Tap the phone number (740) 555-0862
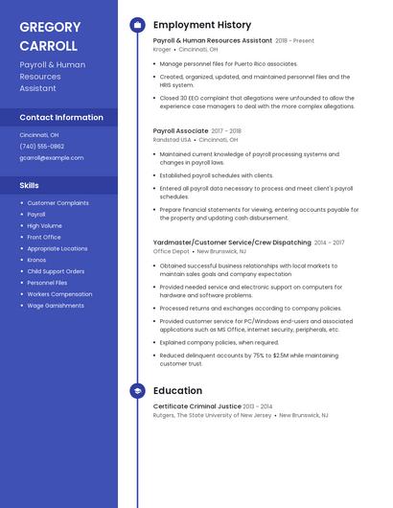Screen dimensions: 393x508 point(42,147)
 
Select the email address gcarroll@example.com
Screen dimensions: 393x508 point(52,158)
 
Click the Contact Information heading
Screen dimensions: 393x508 point(61,117)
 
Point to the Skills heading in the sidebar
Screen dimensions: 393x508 point(30,185)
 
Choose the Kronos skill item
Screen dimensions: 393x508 point(36,260)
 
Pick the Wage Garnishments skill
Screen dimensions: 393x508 point(56,306)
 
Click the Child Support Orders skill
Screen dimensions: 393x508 point(56,271)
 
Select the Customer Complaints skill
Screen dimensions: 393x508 point(58,203)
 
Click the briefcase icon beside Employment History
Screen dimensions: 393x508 point(137,25)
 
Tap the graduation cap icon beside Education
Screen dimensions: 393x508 point(137,391)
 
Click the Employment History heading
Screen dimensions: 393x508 point(202,25)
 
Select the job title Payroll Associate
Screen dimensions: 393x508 point(180,130)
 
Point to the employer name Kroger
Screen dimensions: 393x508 point(162,49)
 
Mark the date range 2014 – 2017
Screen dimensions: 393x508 point(329,243)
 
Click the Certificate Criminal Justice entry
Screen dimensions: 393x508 point(196,406)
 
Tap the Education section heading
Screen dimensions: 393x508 point(177,391)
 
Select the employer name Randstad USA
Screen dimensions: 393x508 point(172,139)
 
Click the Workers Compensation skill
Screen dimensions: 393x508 point(59,294)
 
